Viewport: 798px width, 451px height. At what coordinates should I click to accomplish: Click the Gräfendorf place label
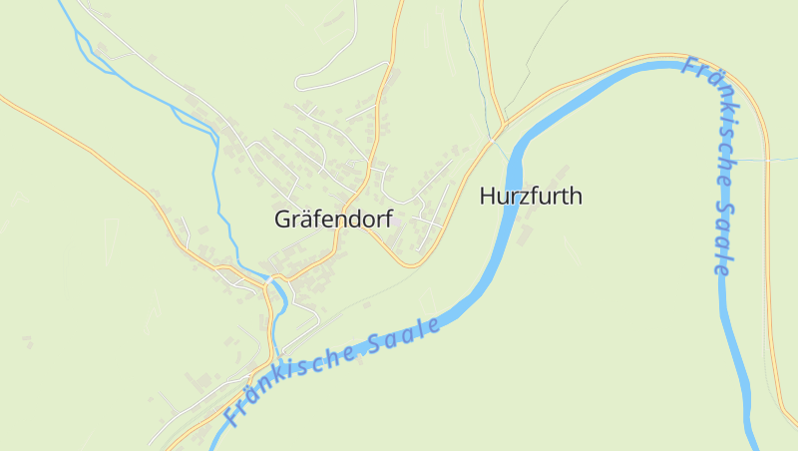pos(333,220)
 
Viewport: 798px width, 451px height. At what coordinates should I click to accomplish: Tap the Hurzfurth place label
pos(531,197)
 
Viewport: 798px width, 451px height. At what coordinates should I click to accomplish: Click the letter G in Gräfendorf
pos(282,220)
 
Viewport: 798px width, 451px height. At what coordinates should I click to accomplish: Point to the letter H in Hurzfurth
pos(488,197)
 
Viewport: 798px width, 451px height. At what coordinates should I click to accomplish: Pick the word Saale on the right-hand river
pos(723,239)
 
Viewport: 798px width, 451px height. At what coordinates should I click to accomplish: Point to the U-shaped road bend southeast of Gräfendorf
pos(409,264)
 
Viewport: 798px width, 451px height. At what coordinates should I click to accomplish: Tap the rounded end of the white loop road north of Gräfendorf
pos(298,82)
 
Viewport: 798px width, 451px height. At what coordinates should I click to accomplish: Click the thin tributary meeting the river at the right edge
pos(769,159)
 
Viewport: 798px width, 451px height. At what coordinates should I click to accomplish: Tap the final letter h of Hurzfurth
pos(576,197)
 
